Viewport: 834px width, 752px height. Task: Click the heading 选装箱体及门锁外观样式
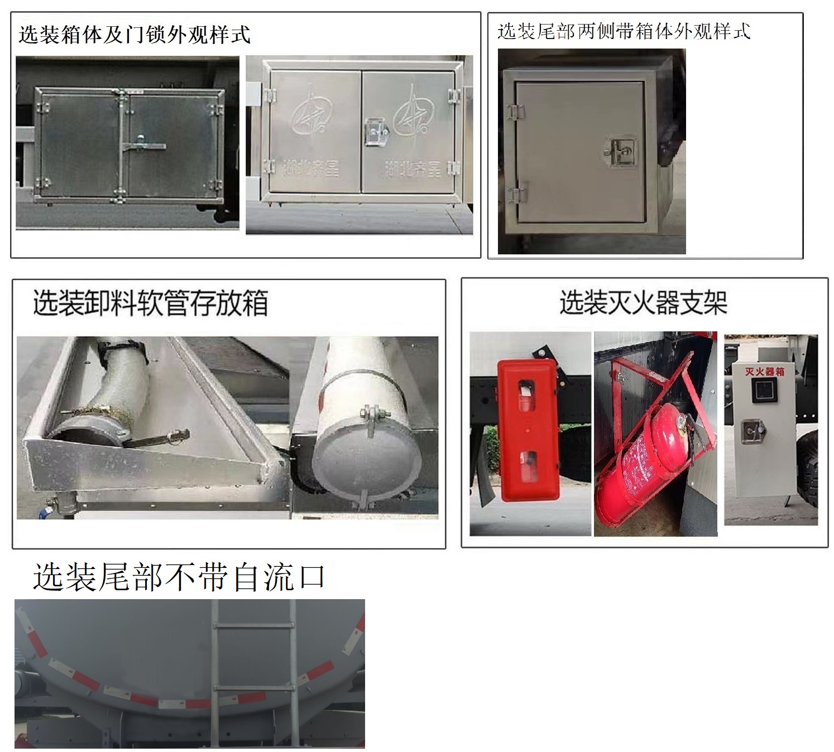point(134,35)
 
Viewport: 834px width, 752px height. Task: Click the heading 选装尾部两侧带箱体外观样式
point(624,31)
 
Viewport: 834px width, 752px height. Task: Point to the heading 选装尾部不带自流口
point(179,577)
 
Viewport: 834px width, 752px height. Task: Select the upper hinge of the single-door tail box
point(515,112)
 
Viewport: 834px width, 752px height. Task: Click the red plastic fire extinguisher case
point(528,430)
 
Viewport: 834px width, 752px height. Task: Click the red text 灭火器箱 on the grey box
point(765,371)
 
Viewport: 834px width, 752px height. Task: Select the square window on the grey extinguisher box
point(763,391)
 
